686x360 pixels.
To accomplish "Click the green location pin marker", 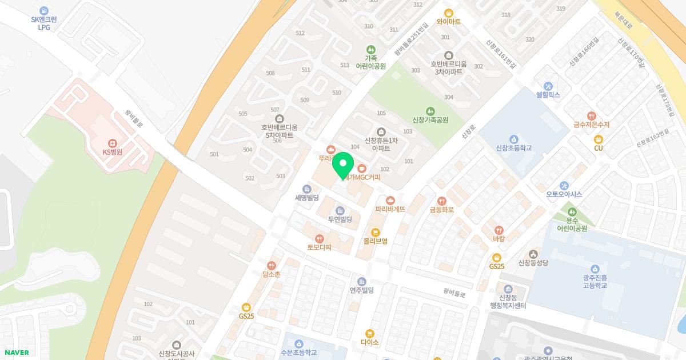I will pyautogui.click(x=342, y=166).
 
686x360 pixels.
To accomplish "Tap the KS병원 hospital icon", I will pyautogui.click(x=113, y=143).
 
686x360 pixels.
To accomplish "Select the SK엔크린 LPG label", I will pyautogui.click(x=44, y=23).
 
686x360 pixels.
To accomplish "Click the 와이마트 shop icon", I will pyautogui.click(x=448, y=13).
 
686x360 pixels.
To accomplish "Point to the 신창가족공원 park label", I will pyautogui.click(x=430, y=120).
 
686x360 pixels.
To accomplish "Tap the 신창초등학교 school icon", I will pyautogui.click(x=514, y=139).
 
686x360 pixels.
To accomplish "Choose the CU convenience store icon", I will pyautogui.click(x=599, y=139).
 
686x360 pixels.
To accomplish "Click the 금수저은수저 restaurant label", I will pyautogui.click(x=592, y=125).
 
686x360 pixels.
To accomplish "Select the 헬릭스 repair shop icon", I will pyautogui.click(x=548, y=86).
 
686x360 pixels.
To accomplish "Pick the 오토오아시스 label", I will pyautogui.click(x=564, y=194).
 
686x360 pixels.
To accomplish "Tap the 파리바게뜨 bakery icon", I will pyautogui.click(x=390, y=200).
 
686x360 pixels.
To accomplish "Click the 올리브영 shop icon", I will pyautogui.click(x=375, y=232).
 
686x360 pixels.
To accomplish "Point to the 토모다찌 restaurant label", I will pyautogui.click(x=320, y=247).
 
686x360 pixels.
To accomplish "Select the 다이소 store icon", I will pyautogui.click(x=370, y=333).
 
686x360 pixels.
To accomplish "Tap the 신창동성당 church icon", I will pyautogui.click(x=533, y=254).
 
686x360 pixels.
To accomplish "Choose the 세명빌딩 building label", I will pyautogui.click(x=306, y=198).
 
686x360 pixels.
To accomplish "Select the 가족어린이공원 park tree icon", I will pyautogui.click(x=371, y=49).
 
